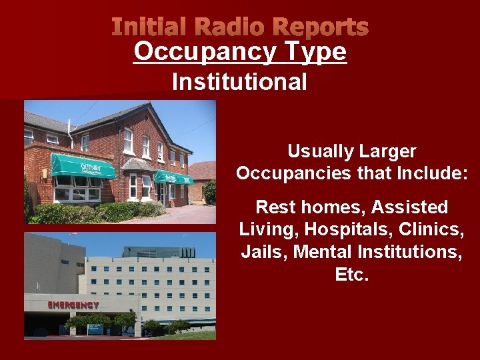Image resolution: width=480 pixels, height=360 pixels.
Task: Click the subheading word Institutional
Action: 239,82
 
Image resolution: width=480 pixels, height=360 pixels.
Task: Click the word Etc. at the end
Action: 352,275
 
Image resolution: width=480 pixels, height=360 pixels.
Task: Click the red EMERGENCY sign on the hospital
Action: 73,305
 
